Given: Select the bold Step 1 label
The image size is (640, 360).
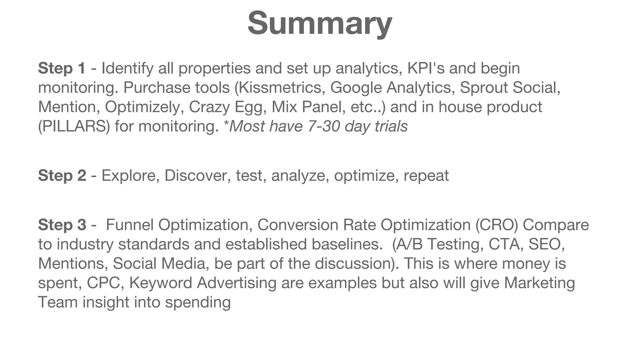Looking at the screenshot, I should [62, 68].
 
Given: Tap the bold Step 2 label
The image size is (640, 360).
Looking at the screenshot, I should [62, 176].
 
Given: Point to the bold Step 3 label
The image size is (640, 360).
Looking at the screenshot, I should [62, 225].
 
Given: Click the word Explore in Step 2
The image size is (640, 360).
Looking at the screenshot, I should [128, 176].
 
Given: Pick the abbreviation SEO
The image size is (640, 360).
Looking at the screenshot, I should [546, 244].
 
